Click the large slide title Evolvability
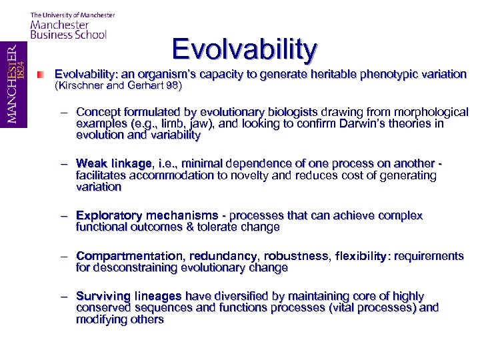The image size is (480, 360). (245, 49)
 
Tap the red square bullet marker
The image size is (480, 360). (42, 74)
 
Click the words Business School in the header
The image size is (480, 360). (69, 35)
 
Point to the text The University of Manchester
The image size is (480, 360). (73, 15)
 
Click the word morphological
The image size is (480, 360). (429, 112)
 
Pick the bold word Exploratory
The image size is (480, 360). (109, 215)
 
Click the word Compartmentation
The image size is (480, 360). (130, 256)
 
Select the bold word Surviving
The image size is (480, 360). (103, 296)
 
